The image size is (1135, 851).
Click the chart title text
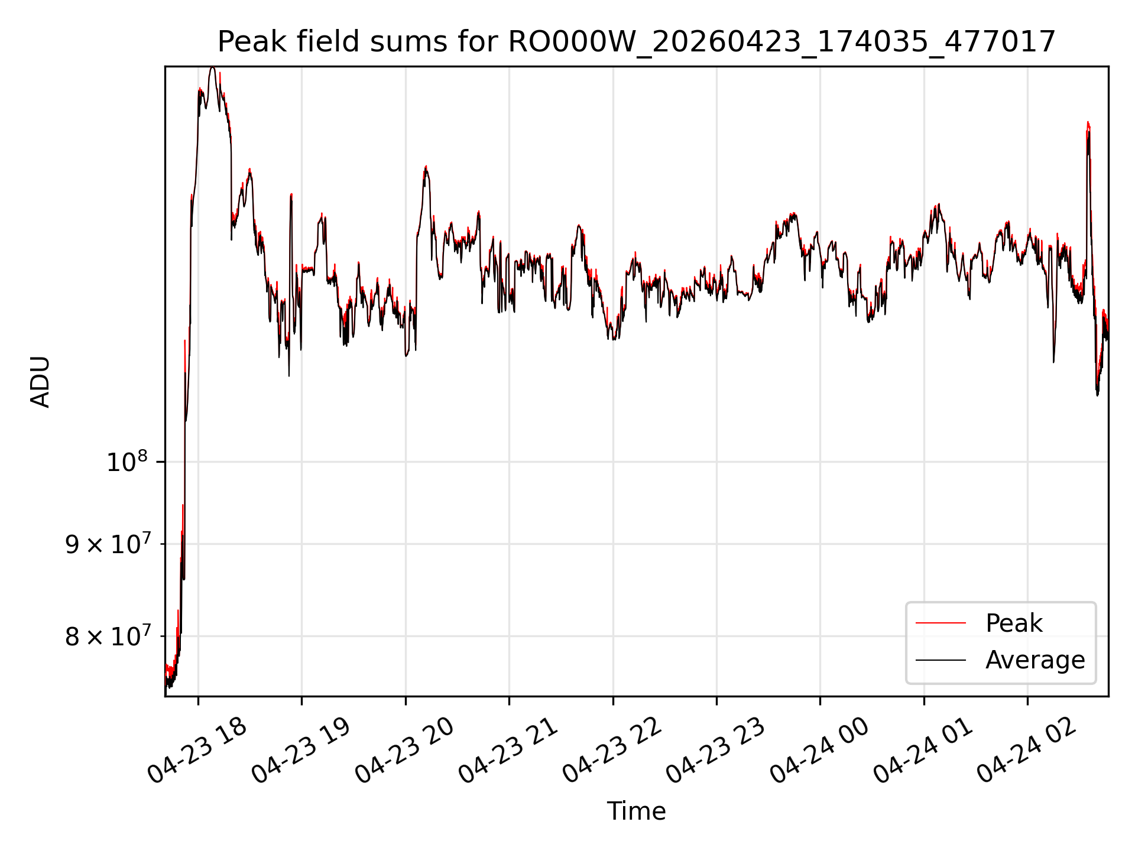(x=637, y=42)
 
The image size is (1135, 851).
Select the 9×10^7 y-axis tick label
(x=110, y=544)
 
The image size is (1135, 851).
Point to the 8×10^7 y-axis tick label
(x=110, y=636)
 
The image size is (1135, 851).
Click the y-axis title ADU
(x=40, y=382)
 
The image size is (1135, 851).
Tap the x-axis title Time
(x=637, y=811)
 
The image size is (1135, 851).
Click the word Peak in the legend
(x=1014, y=623)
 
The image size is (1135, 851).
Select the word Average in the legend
(x=1035, y=660)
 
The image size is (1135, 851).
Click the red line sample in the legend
(x=941, y=623)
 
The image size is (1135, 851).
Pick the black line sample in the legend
(x=941, y=660)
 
